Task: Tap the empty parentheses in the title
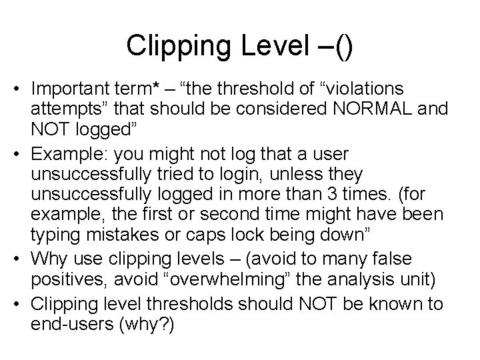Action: tap(344, 46)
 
